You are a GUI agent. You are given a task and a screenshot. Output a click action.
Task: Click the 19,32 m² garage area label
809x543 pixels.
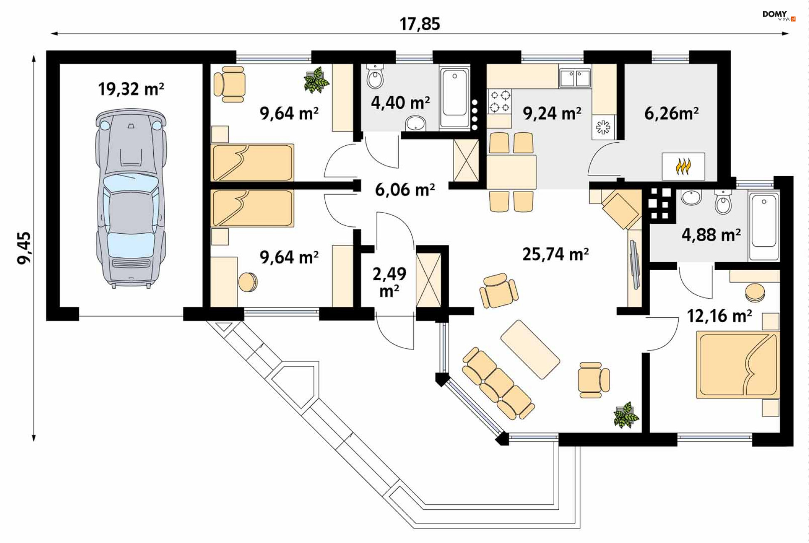click(x=131, y=89)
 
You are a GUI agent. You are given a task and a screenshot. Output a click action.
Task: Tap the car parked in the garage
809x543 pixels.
click(x=131, y=198)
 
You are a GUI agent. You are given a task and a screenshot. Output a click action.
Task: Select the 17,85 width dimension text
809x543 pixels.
click(x=420, y=24)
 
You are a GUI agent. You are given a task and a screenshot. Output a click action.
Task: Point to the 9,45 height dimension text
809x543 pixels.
click(x=24, y=248)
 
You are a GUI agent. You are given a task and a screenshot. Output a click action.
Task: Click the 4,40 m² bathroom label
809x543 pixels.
click(x=400, y=103)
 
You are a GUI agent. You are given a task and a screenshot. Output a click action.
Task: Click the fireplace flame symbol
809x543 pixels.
click(x=683, y=166)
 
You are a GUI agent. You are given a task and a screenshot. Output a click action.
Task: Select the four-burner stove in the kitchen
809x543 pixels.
click(x=500, y=102)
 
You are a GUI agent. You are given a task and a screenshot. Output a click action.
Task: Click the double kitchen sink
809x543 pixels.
click(x=575, y=78)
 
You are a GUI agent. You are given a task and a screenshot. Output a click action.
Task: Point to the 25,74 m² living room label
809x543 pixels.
click(x=556, y=254)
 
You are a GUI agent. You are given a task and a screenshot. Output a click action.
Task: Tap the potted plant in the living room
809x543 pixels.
click(x=626, y=415)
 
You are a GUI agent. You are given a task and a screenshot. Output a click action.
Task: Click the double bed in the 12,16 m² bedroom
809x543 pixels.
click(x=738, y=365)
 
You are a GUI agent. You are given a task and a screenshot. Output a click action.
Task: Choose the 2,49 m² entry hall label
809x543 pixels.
click(x=389, y=282)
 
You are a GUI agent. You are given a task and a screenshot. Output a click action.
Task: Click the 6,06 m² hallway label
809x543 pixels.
click(x=405, y=190)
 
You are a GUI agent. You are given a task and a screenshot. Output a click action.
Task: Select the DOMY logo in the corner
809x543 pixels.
click(x=779, y=16)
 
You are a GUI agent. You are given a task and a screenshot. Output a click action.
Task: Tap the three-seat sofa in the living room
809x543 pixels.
click(x=498, y=383)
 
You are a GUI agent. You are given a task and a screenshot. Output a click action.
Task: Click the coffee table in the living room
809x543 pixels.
click(x=530, y=349)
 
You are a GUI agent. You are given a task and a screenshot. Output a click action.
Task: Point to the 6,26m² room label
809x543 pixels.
click(x=672, y=113)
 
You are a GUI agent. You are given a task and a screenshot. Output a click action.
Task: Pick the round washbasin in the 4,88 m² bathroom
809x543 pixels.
click(x=691, y=197)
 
